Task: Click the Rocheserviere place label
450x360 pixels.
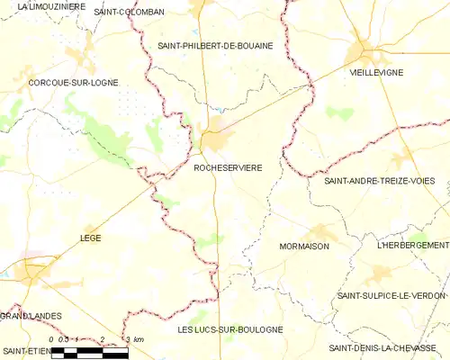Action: coord(229,167)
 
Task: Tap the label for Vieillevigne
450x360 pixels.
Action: coord(377,74)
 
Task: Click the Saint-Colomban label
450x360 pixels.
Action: coord(130,12)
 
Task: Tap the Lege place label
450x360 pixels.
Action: coord(91,238)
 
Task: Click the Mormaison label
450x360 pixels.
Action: coord(304,246)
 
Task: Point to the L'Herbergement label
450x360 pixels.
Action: coord(413,245)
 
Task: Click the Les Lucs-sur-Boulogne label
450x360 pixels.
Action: coord(230,329)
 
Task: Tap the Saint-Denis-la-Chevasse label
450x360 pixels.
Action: coord(389,347)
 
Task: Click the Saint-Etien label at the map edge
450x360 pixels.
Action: coord(24,349)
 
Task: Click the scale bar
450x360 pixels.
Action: coord(89,352)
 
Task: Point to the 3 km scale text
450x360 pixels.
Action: coord(134,339)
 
